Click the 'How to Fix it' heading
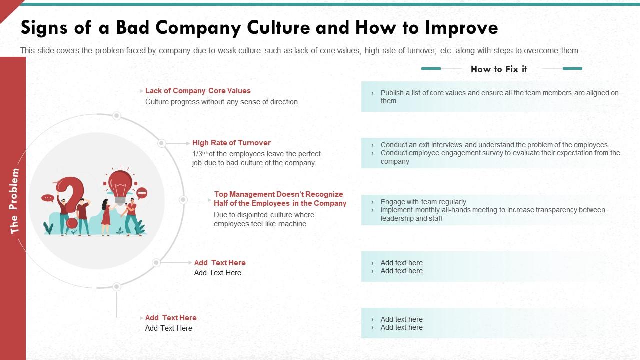pos(499,69)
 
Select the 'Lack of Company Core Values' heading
pos(198,91)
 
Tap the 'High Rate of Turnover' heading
pos(231,143)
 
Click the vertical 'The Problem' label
pos(14,201)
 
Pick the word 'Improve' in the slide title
pos(461,28)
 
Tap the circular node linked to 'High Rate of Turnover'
pos(161,143)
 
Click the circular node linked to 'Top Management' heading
pos(183,200)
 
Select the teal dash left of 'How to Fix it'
pos(431,68)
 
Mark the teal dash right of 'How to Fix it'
pos(572,68)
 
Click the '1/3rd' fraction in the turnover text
pos(199,154)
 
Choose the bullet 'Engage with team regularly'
pos(423,202)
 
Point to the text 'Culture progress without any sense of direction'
pos(221,102)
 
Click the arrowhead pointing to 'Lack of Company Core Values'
pos(141,91)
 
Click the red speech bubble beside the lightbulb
pos(142,193)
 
